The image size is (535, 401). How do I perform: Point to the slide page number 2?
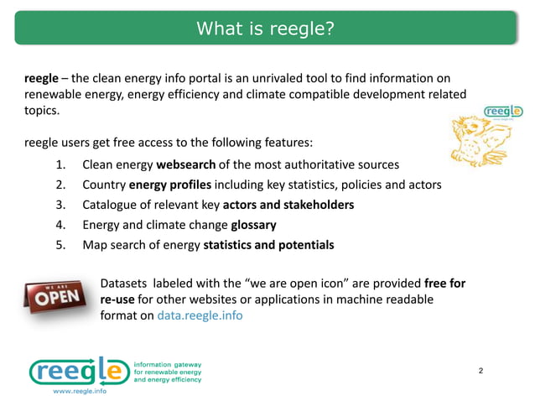(480, 370)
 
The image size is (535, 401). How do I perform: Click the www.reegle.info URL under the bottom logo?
(80, 391)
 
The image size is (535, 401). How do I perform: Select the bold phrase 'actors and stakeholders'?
(288, 205)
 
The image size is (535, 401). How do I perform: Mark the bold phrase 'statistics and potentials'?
(268, 246)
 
